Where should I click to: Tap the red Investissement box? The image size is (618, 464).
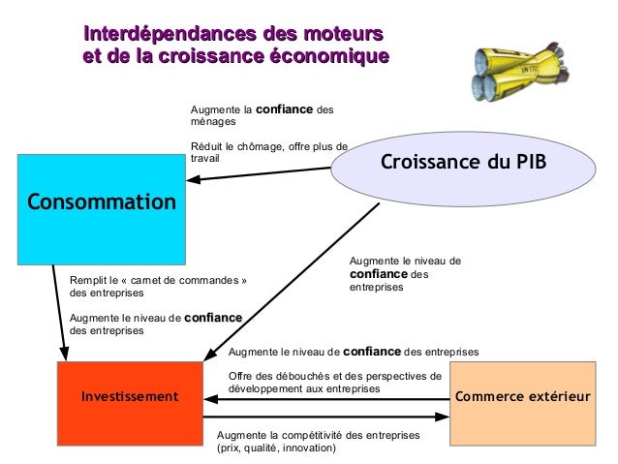coord(129,396)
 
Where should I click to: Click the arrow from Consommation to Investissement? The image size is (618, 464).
coord(57,309)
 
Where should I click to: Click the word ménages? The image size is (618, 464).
coord(212,123)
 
